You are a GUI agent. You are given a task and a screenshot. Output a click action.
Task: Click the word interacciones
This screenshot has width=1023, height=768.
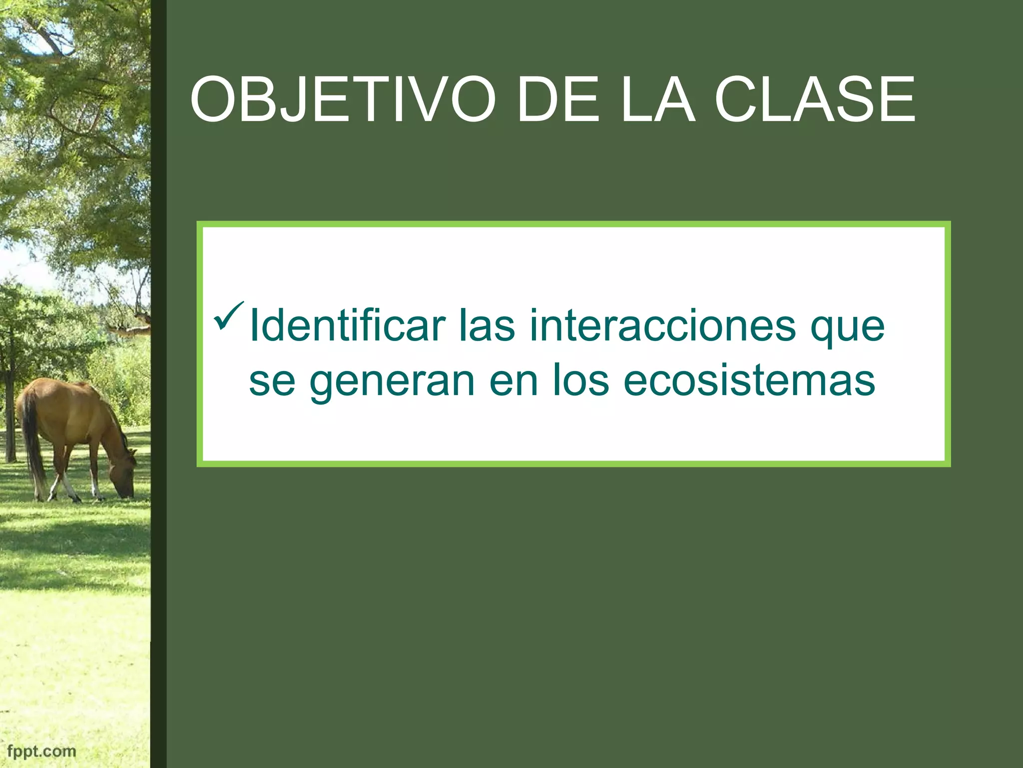point(662,326)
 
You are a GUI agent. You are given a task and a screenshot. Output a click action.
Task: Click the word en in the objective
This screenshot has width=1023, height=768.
point(513,381)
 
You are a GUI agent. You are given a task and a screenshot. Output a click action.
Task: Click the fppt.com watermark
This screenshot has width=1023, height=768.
point(42,750)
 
